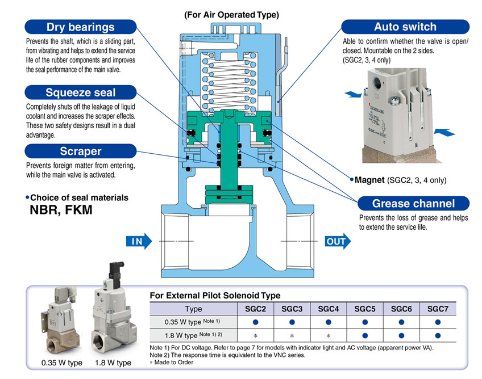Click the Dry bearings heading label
pos(80,27)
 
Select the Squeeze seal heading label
pos(80,92)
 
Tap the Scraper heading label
pos(80,151)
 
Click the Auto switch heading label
pos(405,27)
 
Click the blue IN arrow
pos(139,242)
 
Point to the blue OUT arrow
pos(339,242)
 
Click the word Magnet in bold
pos(369,180)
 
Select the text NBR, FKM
pos(60,210)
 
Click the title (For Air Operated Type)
pos(231,15)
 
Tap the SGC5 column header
pos(365,309)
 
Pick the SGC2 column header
pos(255,309)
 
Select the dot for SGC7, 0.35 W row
pos(438,322)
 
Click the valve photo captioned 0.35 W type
pos(59,326)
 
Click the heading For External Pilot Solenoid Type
pos(214,296)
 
